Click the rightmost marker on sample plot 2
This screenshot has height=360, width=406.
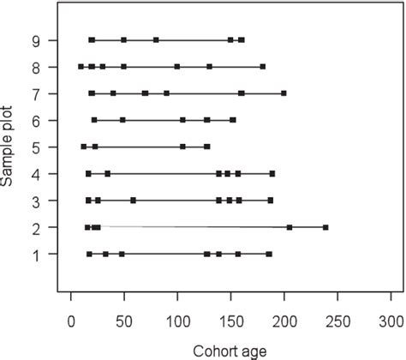point(325,227)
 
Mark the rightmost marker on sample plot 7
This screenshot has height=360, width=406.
point(284,93)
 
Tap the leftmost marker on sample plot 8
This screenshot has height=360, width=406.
point(81,66)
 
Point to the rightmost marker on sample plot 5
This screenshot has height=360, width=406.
point(207,147)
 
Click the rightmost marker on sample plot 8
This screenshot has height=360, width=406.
point(262,66)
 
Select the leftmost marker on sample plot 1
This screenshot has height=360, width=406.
point(89,254)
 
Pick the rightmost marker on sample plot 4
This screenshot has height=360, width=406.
point(272,173)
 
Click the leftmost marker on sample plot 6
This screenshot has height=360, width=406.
point(94,120)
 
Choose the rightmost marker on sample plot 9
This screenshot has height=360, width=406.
point(242,40)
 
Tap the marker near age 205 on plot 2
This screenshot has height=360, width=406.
point(289,227)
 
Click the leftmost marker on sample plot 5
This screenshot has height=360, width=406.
point(84,147)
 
